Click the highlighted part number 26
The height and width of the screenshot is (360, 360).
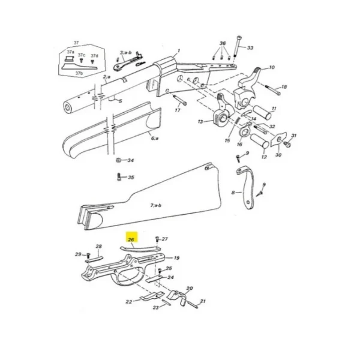pos(131,239)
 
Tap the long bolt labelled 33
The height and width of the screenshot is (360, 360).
pos(238,47)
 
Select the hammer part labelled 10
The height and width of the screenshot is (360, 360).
pos(247,88)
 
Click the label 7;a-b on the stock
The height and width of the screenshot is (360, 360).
pos(155,205)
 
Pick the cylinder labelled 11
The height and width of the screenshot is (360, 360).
pos(262,113)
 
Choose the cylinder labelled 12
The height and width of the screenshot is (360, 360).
pos(259,141)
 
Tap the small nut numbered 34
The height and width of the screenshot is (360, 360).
pos(118,160)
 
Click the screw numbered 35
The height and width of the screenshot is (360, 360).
pos(119,177)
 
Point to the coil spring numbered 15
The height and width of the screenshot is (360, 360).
pos(237,122)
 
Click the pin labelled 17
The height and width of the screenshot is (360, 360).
pos(180,100)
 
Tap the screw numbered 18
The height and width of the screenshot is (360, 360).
pos(273,90)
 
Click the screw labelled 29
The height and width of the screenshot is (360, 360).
pos(88,255)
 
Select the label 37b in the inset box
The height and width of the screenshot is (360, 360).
pos(79,73)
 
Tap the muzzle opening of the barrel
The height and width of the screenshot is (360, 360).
pos(68,107)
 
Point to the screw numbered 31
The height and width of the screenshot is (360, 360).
pos(288,144)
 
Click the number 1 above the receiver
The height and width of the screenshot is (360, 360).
pos(179,50)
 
